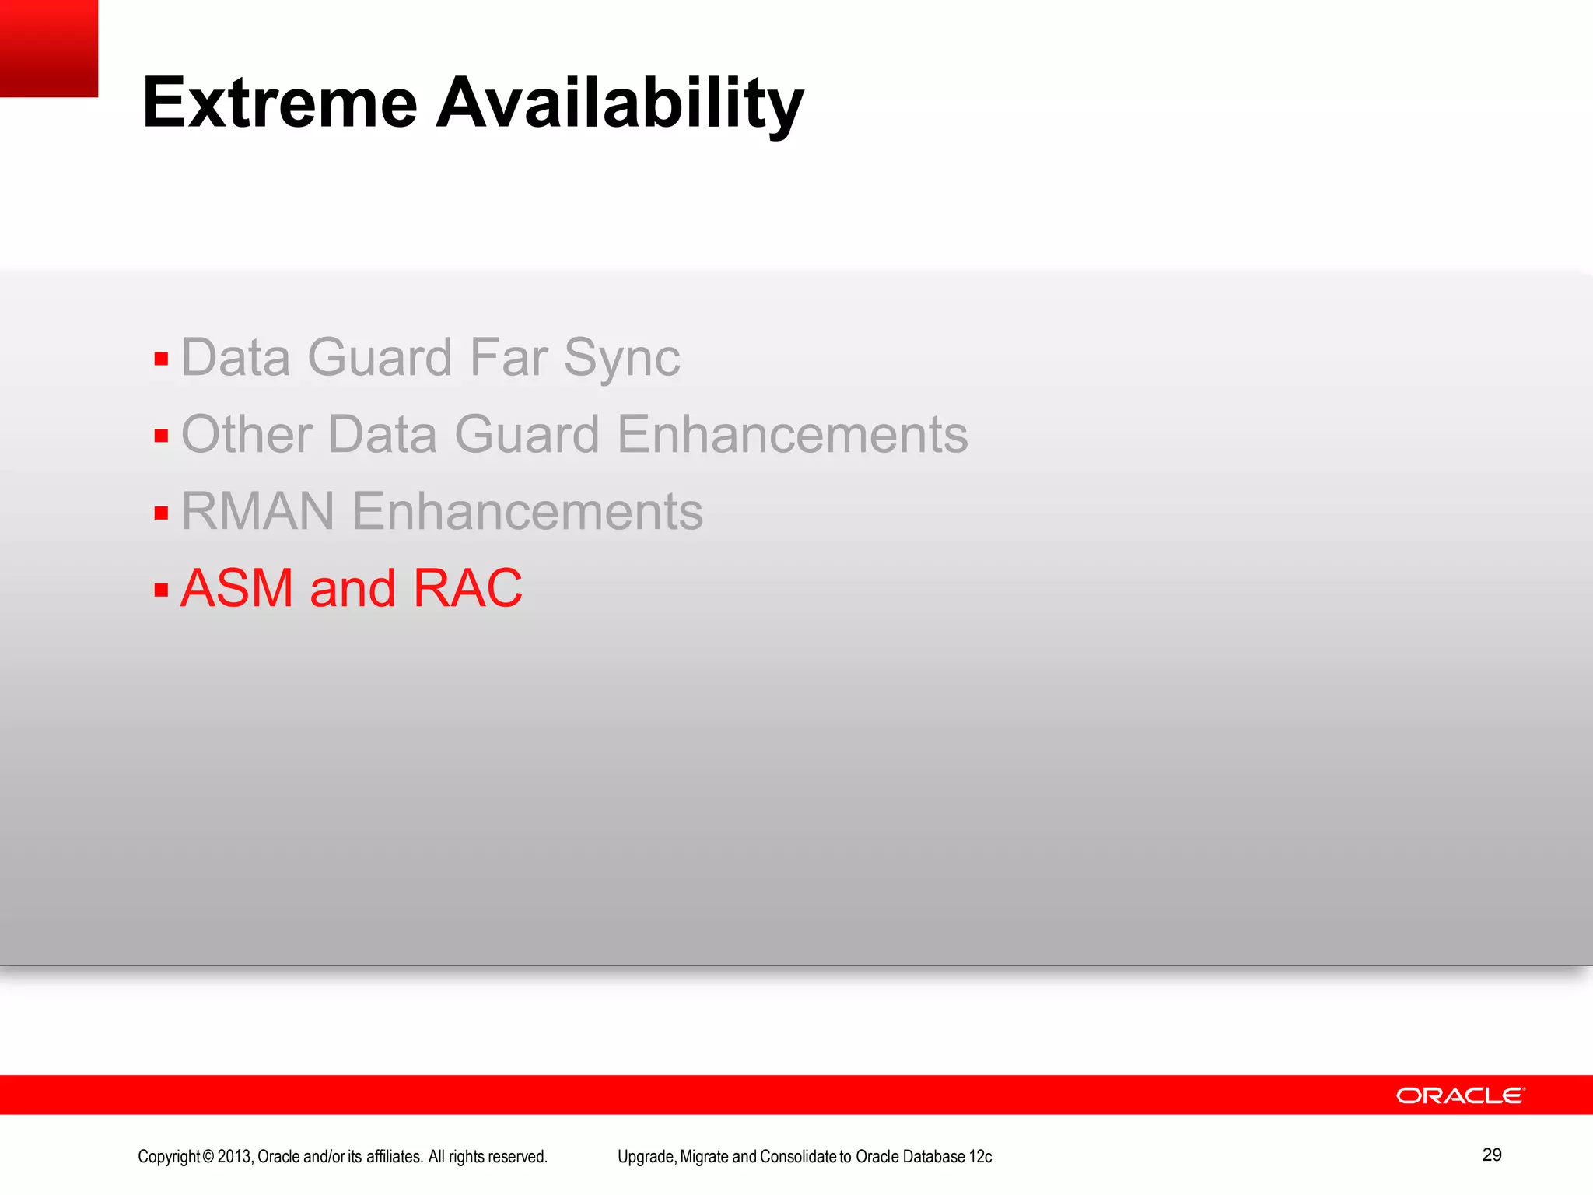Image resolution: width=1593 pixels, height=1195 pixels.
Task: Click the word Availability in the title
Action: [619, 105]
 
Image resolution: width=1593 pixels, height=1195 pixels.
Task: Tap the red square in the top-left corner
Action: [48, 47]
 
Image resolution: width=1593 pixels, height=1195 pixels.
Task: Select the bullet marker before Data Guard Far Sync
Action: [161, 359]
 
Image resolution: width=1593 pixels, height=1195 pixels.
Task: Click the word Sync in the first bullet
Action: [621, 359]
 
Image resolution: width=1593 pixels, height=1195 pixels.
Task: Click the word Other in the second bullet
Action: [247, 434]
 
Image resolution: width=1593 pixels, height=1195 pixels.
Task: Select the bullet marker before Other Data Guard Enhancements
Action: [161, 436]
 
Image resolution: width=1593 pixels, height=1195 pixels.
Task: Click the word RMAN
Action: [257, 511]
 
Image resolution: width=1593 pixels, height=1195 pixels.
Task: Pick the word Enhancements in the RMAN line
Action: [527, 511]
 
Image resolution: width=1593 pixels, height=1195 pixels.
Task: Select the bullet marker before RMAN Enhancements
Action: [161, 513]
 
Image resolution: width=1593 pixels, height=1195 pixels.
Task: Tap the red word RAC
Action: [467, 588]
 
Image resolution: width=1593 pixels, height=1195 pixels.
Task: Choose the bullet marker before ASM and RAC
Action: [161, 590]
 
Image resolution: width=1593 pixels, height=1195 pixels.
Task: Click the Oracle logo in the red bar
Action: [1460, 1095]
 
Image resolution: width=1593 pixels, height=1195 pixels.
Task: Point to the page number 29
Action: [1491, 1155]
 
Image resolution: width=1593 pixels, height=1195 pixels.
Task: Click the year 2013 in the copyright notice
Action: [234, 1157]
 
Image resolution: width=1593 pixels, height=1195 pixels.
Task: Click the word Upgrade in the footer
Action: [646, 1157]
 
